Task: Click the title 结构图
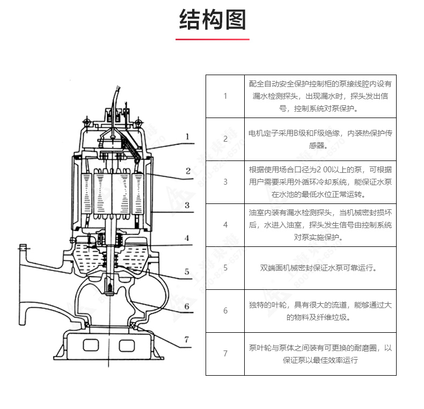click(x=212, y=20)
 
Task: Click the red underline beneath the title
click(x=212, y=39)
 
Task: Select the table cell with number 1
click(x=225, y=96)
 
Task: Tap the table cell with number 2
click(x=225, y=139)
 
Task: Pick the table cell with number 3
click(x=225, y=182)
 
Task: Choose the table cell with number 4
click(x=225, y=225)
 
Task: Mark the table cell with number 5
click(x=225, y=268)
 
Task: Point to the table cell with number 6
click(x=225, y=311)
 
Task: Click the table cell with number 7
click(x=225, y=354)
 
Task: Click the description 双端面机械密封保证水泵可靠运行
click(x=320, y=268)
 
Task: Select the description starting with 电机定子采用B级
click(x=320, y=139)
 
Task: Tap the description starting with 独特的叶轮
click(x=320, y=311)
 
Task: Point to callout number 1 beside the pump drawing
click(x=187, y=137)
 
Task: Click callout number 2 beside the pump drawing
click(x=188, y=171)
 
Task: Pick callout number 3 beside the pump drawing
click(x=187, y=205)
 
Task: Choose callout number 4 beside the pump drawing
click(x=187, y=238)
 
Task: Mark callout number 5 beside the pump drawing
click(x=187, y=272)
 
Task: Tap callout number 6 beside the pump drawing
click(x=187, y=306)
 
